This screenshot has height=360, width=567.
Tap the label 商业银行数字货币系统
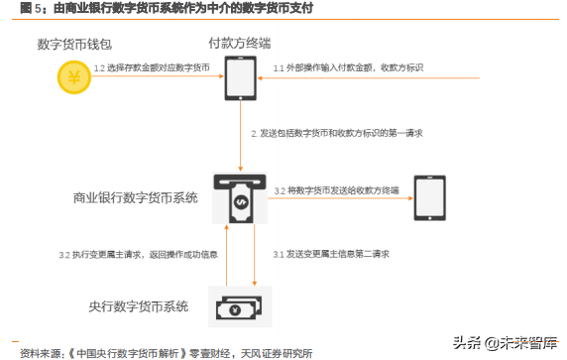point(136,197)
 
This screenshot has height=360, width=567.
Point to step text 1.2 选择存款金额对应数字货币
point(152,67)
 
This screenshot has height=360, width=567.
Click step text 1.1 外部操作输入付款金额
point(348,67)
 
